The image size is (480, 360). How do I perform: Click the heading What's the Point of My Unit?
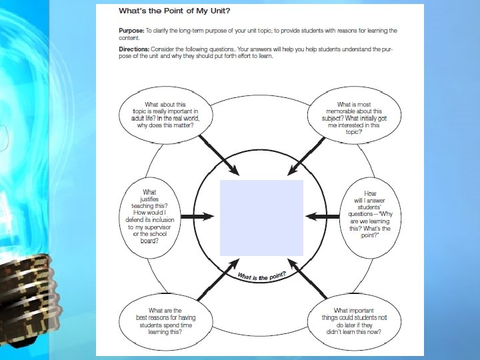(x=175, y=11)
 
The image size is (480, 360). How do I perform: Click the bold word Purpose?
(x=131, y=31)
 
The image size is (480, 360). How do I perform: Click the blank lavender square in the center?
(x=261, y=218)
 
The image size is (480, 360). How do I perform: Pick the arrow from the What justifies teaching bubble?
(x=196, y=216)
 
